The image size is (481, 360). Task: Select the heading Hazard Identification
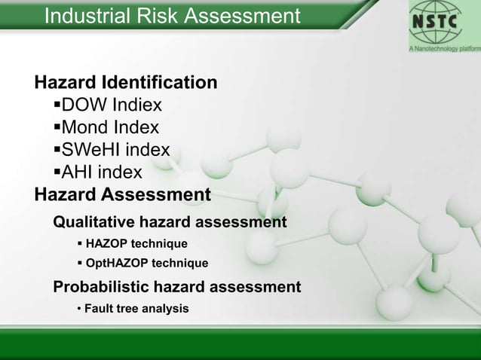tap(126, 81)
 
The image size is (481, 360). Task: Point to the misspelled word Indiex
tap(134, 104)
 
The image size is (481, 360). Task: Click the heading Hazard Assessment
tap(123, 195)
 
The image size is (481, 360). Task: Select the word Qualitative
tap(100, 222)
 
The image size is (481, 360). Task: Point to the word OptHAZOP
tap(117, 264)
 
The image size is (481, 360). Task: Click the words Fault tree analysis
tap(136, 309)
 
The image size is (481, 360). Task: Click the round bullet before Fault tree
tap(79, 309)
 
